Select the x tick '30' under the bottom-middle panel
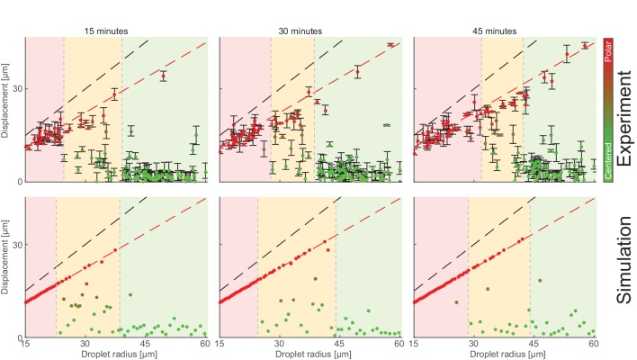[279, 344]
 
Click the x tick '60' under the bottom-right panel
[593, 344]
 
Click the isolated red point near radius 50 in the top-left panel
[164, 76]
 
